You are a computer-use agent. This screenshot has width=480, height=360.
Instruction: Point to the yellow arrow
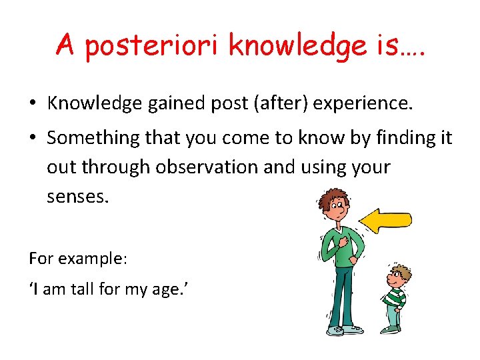385,220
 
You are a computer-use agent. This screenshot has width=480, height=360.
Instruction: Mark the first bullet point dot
32,103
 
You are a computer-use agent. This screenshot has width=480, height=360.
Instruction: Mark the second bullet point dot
32,139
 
